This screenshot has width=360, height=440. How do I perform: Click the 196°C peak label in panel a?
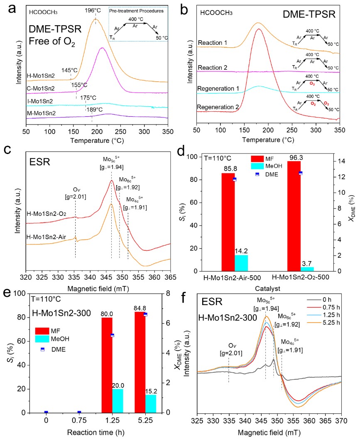95,10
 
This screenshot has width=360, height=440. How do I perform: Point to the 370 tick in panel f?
341,420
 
